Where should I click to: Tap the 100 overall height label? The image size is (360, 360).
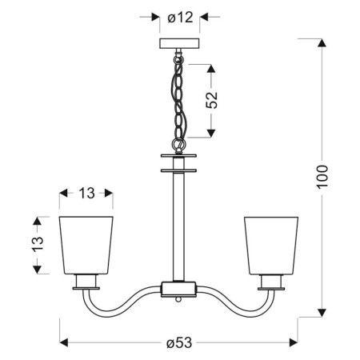point(322,176)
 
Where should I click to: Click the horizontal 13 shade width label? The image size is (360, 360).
point(87,194)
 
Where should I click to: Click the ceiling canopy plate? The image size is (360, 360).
point(179,44)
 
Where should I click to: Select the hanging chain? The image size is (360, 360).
point(180,99)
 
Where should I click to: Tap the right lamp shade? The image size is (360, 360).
point(271,243)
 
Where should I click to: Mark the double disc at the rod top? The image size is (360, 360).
point(179,162)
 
